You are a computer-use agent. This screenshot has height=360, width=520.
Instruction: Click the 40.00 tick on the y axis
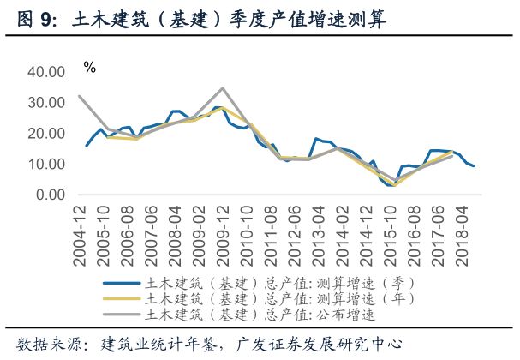coord(49,72)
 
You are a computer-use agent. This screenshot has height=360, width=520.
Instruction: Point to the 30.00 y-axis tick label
coord(49,103)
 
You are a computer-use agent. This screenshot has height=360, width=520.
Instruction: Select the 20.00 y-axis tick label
coord(49,134)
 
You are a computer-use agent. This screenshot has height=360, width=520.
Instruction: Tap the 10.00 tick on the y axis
coord(49,164)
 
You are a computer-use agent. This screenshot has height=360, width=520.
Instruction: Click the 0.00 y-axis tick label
coord(52,195)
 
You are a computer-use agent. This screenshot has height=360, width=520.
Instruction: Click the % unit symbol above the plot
coord(90,67)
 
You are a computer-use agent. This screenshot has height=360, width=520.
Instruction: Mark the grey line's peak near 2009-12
coord(223,88)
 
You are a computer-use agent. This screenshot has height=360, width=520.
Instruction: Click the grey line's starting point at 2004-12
coord(79,96)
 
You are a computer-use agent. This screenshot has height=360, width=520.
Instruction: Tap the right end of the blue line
coord(474,166)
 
